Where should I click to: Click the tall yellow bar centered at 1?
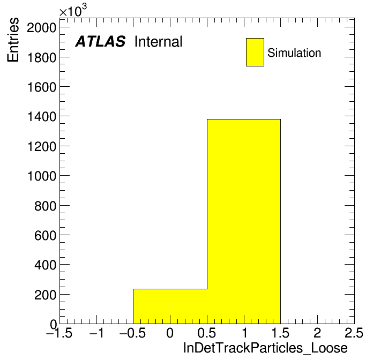(x=244, y=221)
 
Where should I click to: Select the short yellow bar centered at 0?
(x=170, y=306)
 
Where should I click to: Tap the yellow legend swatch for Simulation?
(x=255, y=52)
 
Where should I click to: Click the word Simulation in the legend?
(x=294, y=52)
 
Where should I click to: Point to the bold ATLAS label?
(x=100, y=41)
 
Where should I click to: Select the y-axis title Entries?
(x=13, y=40)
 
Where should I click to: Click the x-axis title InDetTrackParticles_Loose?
(x=265, y=348)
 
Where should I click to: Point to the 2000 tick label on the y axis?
(x=41, y=28)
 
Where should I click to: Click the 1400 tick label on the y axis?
(x=42, y=117)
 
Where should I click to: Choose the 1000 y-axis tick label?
(x=42, y=176)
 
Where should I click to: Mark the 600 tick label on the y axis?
(x=45, y=235)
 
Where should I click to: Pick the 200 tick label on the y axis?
(x=45, y=295)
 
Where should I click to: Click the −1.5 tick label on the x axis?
(x=59, y=333)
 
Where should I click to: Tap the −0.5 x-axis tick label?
(x=132, y=333)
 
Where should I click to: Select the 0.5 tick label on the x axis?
(x=206, y=333)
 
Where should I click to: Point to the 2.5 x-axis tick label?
(x=354, y=333)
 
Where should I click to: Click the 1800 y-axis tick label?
(x=42, y=57)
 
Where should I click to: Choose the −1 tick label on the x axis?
(x=97, y=333)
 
